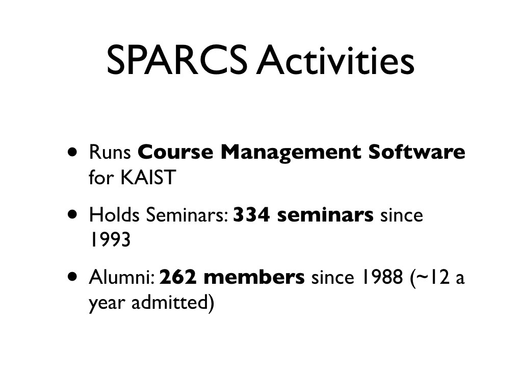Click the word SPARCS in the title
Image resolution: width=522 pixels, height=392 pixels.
[x=177, y=60]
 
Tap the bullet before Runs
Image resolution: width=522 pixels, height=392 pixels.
[x=72, y=152]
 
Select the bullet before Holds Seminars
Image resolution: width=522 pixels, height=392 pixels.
[x=72, y=214]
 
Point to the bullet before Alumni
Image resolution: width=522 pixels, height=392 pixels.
[x=72, y=277]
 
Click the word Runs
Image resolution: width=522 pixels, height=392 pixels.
[x=110, y=152]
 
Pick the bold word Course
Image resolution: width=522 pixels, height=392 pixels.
[x=175, y=152]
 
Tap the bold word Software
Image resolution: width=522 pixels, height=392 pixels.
[x=417, y=152]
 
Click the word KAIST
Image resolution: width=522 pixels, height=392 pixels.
[x=148, y=177]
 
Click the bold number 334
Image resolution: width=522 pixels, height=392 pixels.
[x=251, y=215]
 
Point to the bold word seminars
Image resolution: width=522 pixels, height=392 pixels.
[x=325, y=215]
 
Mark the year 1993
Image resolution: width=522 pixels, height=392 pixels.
[x=110, y=240]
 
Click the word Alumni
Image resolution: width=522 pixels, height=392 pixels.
[x=121, y=277]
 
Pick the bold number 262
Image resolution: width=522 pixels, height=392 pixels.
[x=178, y=277]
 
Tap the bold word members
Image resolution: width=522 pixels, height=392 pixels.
[x=254, y=277]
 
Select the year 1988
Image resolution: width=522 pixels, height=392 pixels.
[x=382, y=277]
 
